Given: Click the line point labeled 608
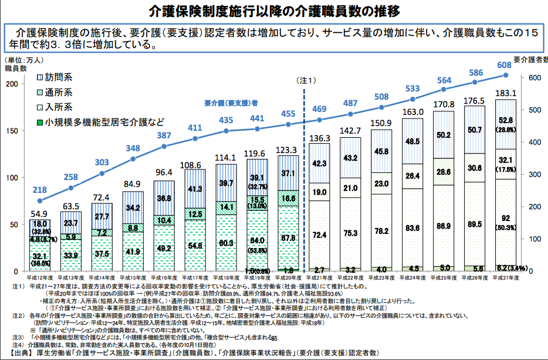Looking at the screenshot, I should click(506, 75).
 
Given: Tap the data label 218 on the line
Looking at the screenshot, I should click(40, 190).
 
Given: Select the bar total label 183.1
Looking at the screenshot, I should click(506, 93).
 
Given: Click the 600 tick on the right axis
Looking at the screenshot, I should click(534, 78).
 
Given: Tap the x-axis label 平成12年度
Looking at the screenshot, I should click(40, 276).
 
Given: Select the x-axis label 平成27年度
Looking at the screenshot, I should click(506, 276).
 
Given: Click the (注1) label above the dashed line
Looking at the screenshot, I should click(306, 80).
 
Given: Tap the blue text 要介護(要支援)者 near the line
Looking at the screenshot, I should click(232, 102).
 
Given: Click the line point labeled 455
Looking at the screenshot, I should click(288, 124).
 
